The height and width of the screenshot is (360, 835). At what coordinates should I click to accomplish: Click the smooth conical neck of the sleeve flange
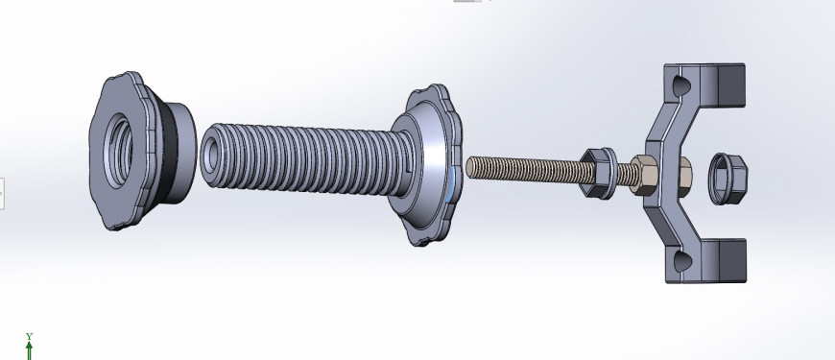[422, 154]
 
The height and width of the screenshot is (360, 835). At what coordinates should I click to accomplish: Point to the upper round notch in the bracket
[680, 84]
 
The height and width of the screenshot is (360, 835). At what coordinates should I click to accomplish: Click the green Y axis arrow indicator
[30, 348]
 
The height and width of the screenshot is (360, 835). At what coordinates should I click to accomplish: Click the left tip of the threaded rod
[470, 166]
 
